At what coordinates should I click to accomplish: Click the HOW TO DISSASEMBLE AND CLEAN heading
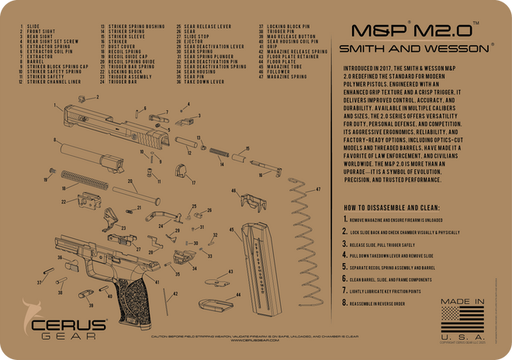pos(391,208)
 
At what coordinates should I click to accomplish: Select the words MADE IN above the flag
pos(462,300)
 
